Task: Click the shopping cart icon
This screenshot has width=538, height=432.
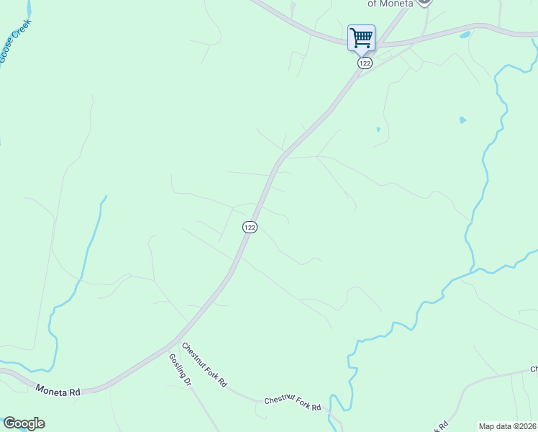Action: pyautogui.click(x=361, y=37)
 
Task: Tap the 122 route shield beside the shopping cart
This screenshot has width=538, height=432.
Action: pyautogui.click(x=365, y=63)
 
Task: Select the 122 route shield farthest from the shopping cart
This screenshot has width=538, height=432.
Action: pyautogui.click(x=250, y=227)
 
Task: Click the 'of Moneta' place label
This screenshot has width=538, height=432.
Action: pyautogui.click(x=391, y=4)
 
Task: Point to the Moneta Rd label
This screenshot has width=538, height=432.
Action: pyautogui.click(x=58, y=391)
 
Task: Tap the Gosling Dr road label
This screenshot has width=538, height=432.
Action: pyautogui.click(x=180, y=369)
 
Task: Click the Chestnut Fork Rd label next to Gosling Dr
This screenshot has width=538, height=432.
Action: pyautogui.click(x=204, y=364)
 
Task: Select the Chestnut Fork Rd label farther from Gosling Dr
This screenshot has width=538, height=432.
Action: pyautogui.click(x=292, y=403)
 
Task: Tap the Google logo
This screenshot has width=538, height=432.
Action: pyautogui.click(x=24, y=423)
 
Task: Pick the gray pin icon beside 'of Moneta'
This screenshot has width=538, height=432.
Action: pyautogui.click(x=425, y=2)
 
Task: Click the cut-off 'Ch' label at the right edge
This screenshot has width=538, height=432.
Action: pyautogui.click(x=534, y=369)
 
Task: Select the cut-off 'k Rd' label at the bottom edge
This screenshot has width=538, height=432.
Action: pyautogui.click(x=442, y=425)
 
